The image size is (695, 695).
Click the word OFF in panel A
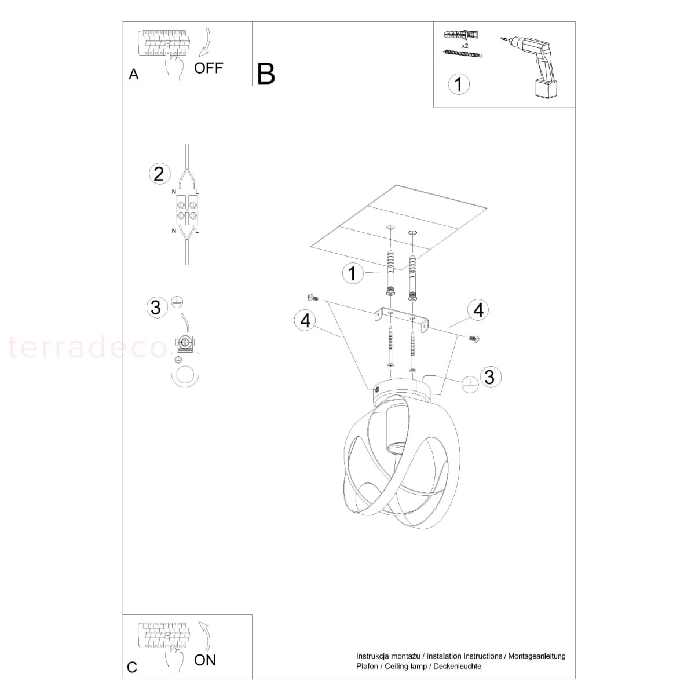coord(209,68)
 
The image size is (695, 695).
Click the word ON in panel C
coord(204,660)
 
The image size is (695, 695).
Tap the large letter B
coord(266,74)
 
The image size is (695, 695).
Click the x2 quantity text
coord(465,46)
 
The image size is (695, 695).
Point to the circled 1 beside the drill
coord(458,85)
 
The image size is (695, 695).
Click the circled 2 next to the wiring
coord(159,174)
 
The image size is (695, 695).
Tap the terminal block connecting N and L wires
coord(187,211)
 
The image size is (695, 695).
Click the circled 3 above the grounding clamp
coord(156,308)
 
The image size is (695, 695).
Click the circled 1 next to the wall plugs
coord(352,273)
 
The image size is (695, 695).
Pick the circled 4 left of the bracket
coord(305,320)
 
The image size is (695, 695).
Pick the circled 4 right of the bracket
coord(478,310)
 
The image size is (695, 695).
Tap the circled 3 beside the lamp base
coord(489,377)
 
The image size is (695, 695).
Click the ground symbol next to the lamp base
coord(470,385)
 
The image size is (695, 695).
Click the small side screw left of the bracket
coord(313,298)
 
